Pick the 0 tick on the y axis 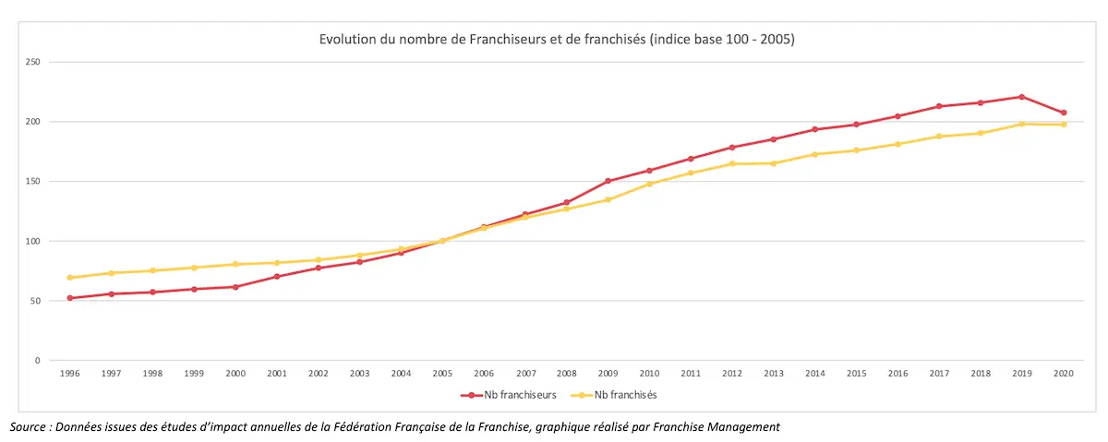(37, 361)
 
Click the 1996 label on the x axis (69, 374)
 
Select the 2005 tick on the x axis (443, 374)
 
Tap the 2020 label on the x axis (1064, 374)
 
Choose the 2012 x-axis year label (732, 374)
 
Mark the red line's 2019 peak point (1022, 97)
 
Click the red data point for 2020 (1064, 113)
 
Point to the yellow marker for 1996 (69, 278)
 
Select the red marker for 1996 (69, 298)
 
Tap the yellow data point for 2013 (774, 163)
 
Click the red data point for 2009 (608, 181)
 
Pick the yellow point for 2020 (1064, 125)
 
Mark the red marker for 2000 (235, 287)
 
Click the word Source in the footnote (28, 426)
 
